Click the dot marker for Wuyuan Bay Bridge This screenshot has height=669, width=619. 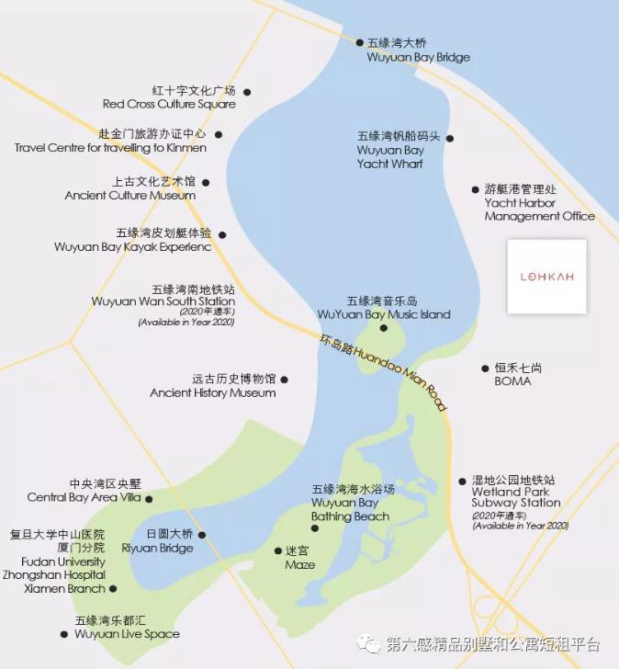pos(360,42)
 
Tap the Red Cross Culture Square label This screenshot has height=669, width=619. pos(169,97)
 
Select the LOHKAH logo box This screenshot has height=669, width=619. pos(546,277)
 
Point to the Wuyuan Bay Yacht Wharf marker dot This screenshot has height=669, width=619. pos(449,139)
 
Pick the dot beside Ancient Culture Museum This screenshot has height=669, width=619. pos(206,182)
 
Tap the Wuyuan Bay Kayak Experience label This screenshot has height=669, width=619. pos(133,240)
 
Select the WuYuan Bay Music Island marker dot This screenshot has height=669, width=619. pos(383,328)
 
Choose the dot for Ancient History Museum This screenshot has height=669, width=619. pos(284,379)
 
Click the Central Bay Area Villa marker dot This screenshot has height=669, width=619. pos(149,499)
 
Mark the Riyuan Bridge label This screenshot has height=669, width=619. pos(158,541)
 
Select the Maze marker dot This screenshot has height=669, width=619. pos(278,551)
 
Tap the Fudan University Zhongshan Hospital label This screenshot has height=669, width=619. pos(57,561)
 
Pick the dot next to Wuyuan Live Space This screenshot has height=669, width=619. pos(63,634)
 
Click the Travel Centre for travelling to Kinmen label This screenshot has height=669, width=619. pos(110,141)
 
